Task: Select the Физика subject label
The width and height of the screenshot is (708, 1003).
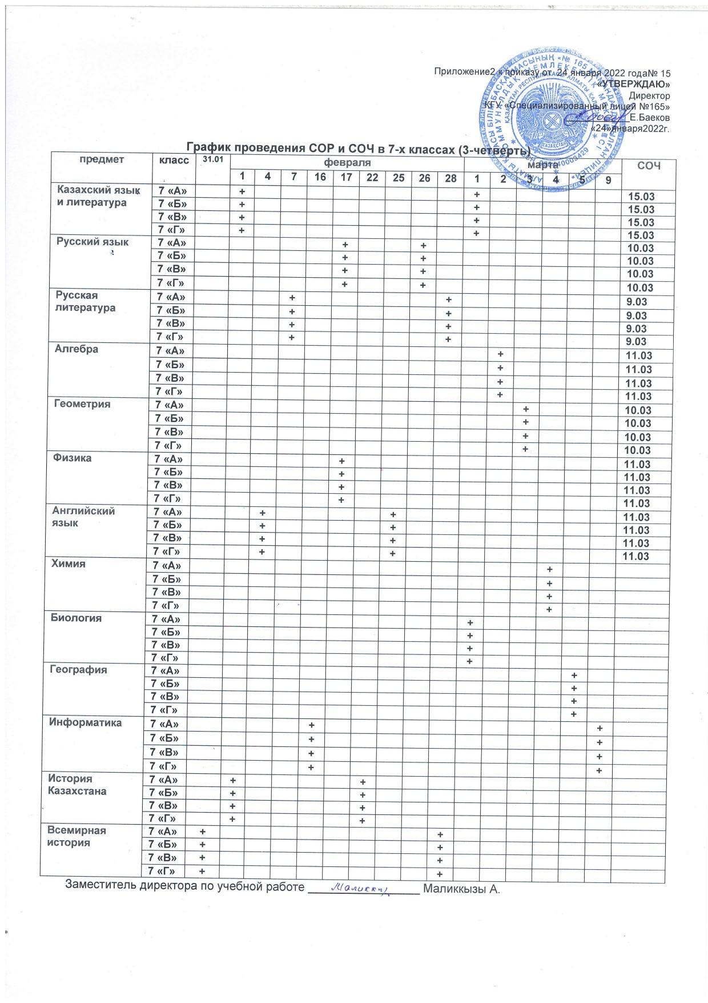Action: coord(73,458)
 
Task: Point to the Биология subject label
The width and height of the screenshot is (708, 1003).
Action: coord(77,618)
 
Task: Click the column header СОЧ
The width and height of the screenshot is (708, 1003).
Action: coord(648,166)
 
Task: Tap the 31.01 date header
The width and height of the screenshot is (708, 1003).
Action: coord(212,158)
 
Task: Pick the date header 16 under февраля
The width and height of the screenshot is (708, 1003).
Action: coord(320,177)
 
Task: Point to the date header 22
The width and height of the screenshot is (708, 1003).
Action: coord(372,177)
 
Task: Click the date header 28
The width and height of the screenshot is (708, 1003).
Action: coord(450,178)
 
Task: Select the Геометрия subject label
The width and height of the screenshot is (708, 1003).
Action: coord(82,403)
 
